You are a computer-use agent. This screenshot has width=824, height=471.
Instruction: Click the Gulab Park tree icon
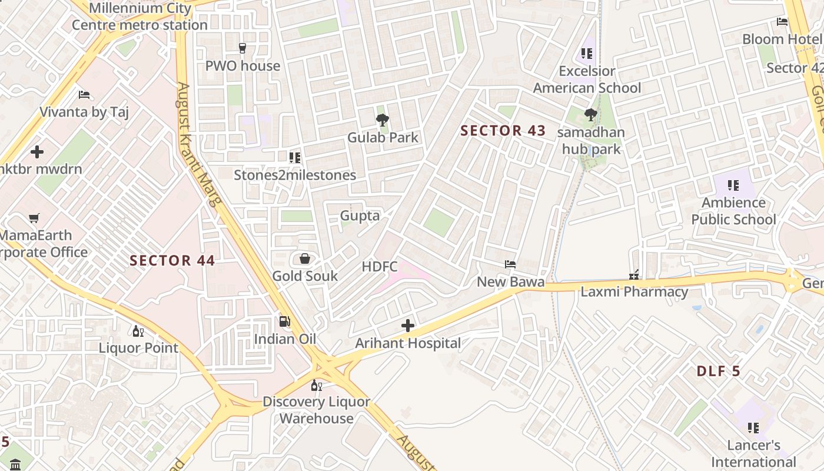click(x=383, y=120)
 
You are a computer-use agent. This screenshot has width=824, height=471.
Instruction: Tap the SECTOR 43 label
click(x=503, y=131)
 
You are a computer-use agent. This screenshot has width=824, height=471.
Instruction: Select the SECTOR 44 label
click(x=172, y=260)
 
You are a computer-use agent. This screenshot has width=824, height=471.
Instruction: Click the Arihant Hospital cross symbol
click(x=407, y=326)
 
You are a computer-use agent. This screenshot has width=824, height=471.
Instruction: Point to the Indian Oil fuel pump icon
click(x=285, y=321)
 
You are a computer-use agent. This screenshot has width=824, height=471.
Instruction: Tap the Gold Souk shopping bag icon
click(x=305, y=258)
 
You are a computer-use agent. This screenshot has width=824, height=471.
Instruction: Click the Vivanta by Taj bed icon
click(x=84, y=94)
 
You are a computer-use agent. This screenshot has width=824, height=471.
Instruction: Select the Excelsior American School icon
click(x=587, y=54)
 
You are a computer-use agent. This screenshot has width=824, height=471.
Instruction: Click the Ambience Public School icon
click(x=733, y=185)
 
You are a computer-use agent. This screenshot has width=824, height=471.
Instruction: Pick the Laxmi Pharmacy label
click(x=634, y=291)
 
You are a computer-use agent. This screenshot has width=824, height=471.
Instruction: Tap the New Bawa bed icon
click(x=510, y=264)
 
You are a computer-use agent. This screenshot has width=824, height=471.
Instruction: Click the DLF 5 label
click(x=718, y=372)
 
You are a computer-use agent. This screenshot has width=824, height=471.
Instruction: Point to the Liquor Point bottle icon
click(x=138, y=331)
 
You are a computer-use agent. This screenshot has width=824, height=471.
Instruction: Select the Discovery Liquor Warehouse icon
click(x=317, y=385)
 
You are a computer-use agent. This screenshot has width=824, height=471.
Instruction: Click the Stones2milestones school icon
click(x=295, y=158)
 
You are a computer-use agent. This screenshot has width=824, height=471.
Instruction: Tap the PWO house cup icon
click(x=242, y=48)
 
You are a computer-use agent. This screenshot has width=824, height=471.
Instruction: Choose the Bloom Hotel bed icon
click(x=782, y=22)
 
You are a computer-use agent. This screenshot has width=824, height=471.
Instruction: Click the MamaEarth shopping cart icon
click(x=34, y=218)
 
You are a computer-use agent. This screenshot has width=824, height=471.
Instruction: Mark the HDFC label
click(x=380, y=266)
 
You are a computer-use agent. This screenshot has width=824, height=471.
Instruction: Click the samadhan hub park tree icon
click(x=591, y=114)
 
